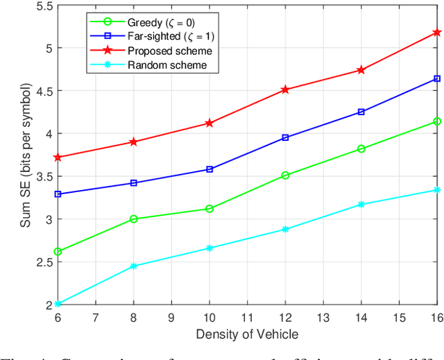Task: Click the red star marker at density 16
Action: [x=437, y=33]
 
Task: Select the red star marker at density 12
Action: [x=285, y=90]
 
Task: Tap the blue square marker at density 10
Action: [x=210, y=169]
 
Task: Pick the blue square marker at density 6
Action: [x=58, y=194]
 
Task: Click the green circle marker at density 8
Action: [x=134, y=219]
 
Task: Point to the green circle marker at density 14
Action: [x=361, y=148]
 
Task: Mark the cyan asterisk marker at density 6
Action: [x=58, y=304]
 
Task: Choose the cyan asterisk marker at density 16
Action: [x=437, y=189]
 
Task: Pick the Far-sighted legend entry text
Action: [x=167, y=36]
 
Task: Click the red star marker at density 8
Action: [x=134, y=142]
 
